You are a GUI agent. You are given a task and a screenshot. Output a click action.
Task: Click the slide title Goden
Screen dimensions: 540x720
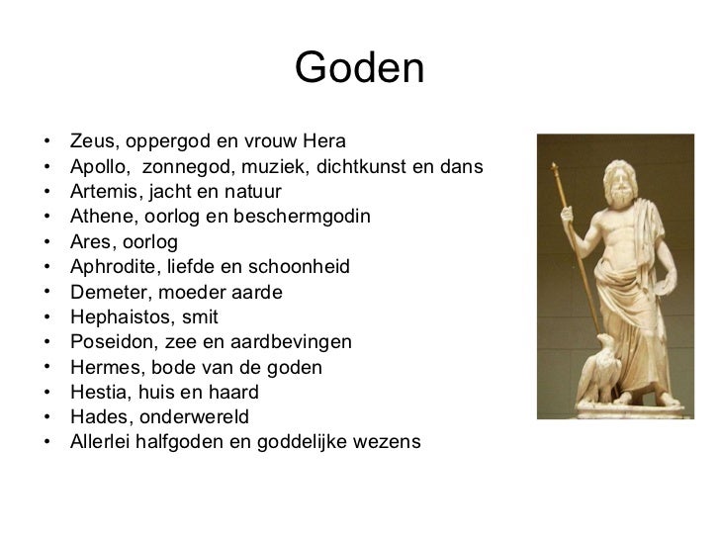(359, 68)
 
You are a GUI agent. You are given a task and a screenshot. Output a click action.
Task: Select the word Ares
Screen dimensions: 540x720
(90, 241)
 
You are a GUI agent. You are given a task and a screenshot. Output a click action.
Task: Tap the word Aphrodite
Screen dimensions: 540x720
(109, 267)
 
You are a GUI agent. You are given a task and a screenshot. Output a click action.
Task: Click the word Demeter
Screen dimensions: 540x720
(104, 293)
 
